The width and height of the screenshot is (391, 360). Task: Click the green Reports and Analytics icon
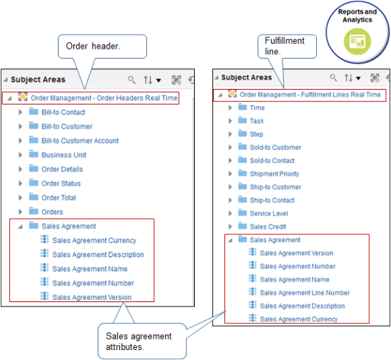pos(356,40)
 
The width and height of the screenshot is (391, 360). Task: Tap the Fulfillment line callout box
pos(286,46)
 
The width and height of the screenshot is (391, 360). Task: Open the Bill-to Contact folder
pos(63,112)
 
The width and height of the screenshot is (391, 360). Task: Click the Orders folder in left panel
pos(52,212)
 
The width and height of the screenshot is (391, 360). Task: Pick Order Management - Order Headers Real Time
pos(103,98)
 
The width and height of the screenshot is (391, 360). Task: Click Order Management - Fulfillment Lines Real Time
pos(310,95)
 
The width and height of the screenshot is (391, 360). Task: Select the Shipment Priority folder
pos(274,174)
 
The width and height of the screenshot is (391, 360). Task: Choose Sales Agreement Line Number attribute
pos(304,293)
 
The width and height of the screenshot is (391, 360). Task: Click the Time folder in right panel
pos(257,108)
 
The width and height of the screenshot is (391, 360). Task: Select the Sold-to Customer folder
pos(275,148)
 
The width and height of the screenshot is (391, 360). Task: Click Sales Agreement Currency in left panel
pos(94,241)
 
